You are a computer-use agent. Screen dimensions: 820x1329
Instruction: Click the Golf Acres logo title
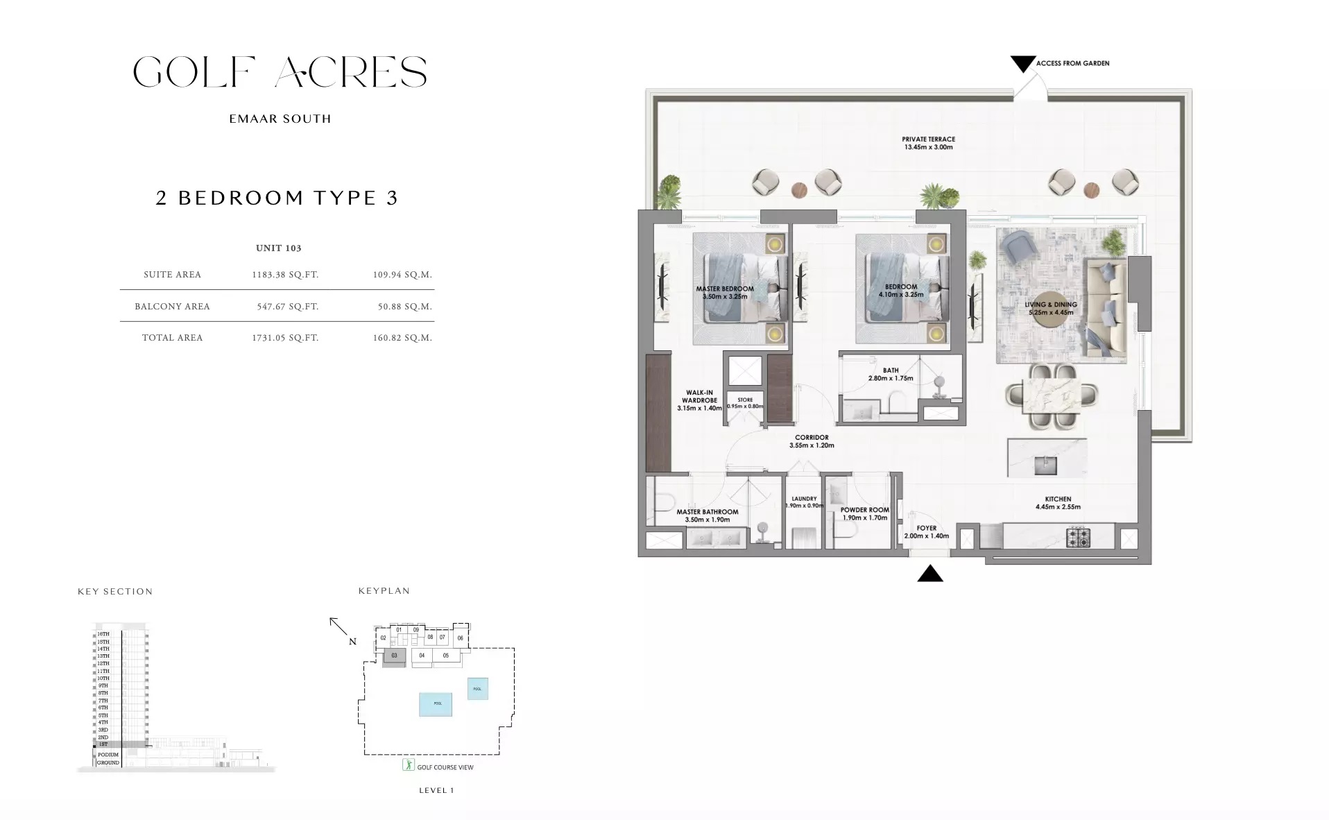[x=280, y=72]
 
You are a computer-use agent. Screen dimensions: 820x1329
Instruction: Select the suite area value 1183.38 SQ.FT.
[x=285, y=275]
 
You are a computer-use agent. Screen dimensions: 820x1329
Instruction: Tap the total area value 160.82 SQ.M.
[x=402, y=338]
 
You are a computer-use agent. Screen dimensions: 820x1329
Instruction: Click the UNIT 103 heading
[x=278, y=248]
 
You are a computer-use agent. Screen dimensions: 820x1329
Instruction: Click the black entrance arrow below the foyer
[x=929, y=574]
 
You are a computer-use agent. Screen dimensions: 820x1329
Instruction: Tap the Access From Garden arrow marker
[x=1022, y=64]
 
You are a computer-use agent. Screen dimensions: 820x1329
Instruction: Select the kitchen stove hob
[x=1078, y=536]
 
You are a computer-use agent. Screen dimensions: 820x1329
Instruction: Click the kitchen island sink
[x=1045, y=465]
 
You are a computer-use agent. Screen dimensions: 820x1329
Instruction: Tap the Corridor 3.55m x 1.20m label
[x=812, y=441]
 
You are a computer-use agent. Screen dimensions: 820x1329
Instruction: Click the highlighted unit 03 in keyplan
[x=394, y=656]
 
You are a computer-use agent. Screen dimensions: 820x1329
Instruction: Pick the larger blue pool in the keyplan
[x=436, y=703]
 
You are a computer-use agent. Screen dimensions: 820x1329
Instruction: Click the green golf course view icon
[x=409, y=766]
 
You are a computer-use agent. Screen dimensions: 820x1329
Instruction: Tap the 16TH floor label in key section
[x=103, y=634]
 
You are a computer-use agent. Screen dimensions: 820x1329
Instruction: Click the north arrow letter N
[x=352, y=642]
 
